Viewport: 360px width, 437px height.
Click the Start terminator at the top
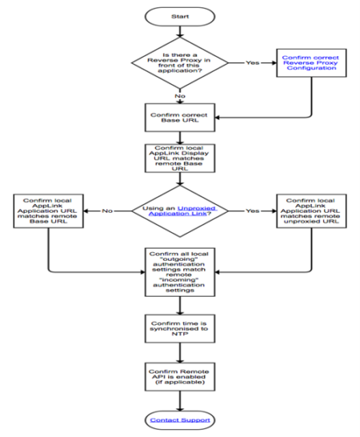[179, 16]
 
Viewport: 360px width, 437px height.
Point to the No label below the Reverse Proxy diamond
[180, 98]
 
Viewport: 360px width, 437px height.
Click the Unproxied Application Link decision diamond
[179, 211]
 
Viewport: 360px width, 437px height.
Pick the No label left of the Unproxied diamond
[109, 211]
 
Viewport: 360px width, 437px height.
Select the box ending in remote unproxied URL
[312, 211]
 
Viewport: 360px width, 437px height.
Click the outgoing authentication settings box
[179, 272]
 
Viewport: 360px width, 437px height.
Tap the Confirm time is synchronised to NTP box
[179, 327]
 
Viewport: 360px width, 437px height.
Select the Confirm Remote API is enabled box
[179, 376]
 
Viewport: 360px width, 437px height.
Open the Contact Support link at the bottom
[179, 419]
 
